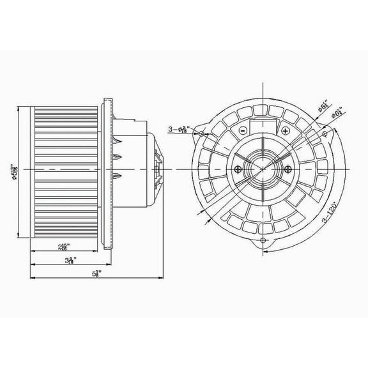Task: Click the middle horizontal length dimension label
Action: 71,260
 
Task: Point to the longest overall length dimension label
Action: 96,274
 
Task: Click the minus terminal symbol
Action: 243,131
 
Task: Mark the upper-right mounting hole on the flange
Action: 326,134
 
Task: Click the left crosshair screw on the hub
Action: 238,169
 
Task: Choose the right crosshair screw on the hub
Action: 291,169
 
